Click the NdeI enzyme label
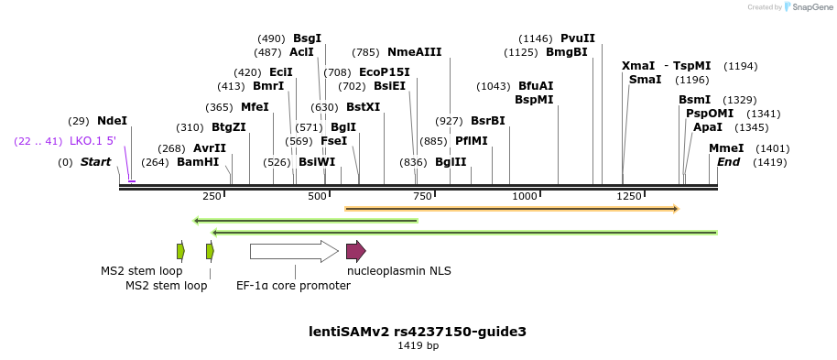click(112, 121)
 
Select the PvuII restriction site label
click(577, 38)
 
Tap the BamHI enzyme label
click(198, 162)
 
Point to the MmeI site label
click(726, 148)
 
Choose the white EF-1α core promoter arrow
click(294, 251)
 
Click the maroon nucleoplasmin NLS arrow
click(355, 251)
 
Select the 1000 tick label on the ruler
click(524, 197)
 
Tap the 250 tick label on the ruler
click(212, 197)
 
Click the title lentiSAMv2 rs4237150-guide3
click(418, 332)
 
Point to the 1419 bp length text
click(418, 346)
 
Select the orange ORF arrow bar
click(511, 209)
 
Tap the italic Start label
click(95, 162)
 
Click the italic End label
click(728, 162)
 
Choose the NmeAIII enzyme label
click(414, 52)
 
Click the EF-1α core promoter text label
click(293, 285)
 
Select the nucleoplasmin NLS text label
click(398, 270)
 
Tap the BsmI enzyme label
click(694, 100)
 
